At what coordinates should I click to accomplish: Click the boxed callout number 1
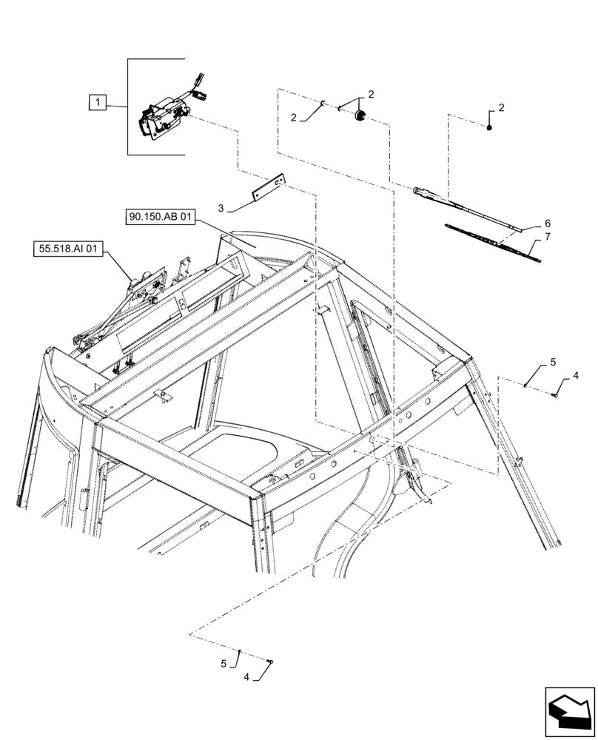[97, 103]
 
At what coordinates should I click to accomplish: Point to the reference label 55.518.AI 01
[66, 249]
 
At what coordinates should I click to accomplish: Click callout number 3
[221, 207]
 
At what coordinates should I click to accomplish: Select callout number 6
[548, 223]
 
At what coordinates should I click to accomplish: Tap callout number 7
[548, 237]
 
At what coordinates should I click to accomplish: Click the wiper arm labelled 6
[466, 210]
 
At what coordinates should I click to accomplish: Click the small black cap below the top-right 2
[491, 128]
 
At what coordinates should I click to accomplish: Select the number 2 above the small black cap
[501, 108]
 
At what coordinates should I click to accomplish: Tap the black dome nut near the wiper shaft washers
[361, 115]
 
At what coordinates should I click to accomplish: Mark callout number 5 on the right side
[552, 363]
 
